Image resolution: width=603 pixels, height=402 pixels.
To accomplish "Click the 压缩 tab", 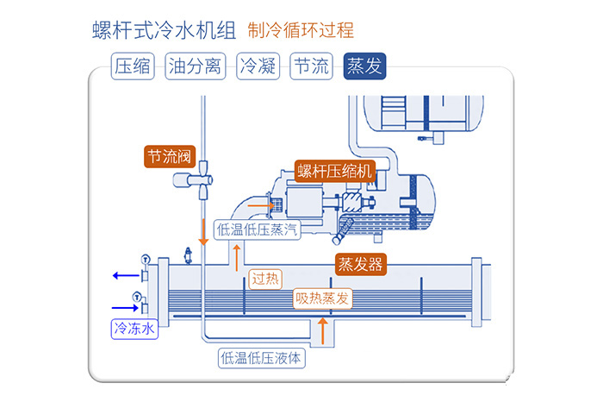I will [132, 66].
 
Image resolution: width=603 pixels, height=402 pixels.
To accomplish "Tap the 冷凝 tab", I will [258, 66].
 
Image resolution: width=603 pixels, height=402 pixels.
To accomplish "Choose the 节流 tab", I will [310, 66].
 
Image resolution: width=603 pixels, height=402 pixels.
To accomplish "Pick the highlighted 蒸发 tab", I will [365, 66].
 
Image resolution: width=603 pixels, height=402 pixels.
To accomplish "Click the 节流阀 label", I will [169, 156].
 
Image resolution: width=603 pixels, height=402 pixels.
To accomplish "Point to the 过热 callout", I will [264, 279].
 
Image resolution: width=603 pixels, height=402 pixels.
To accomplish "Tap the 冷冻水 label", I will [134, 328].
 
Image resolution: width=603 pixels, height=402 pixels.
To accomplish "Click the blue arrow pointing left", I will [125, 277].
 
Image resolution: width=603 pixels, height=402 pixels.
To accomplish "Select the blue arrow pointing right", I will [125, 307].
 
